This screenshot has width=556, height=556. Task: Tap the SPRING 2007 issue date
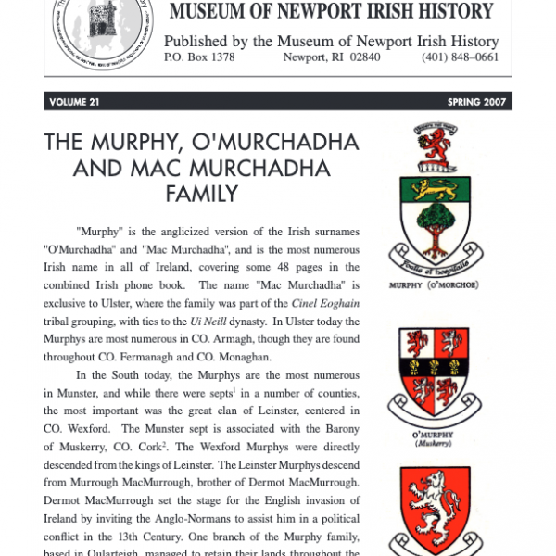(476, 102)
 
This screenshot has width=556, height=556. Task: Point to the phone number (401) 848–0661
(461, 57)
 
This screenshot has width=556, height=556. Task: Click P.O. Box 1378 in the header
(199, 57)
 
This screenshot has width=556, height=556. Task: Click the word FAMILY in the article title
(201, 194)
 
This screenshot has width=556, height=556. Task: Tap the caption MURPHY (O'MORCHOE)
(434, 284)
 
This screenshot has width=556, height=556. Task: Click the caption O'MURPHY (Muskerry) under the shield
(434, 438)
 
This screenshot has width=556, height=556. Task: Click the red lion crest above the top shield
(434, 140)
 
